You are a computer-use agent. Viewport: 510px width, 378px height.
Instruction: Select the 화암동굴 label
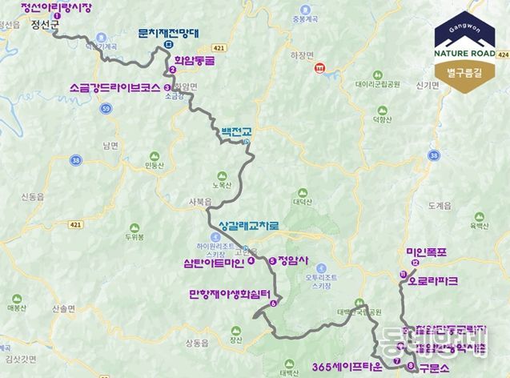click(197, 57)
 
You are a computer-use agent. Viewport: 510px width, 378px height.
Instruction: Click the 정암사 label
click(293, 260)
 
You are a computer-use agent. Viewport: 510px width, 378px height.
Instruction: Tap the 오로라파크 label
click(433, 281)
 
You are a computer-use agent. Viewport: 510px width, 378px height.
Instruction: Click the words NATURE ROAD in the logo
click(468, 54)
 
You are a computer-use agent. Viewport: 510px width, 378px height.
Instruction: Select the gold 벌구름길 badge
click(468, 74)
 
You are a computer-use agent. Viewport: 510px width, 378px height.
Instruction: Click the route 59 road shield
click(106, 106)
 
